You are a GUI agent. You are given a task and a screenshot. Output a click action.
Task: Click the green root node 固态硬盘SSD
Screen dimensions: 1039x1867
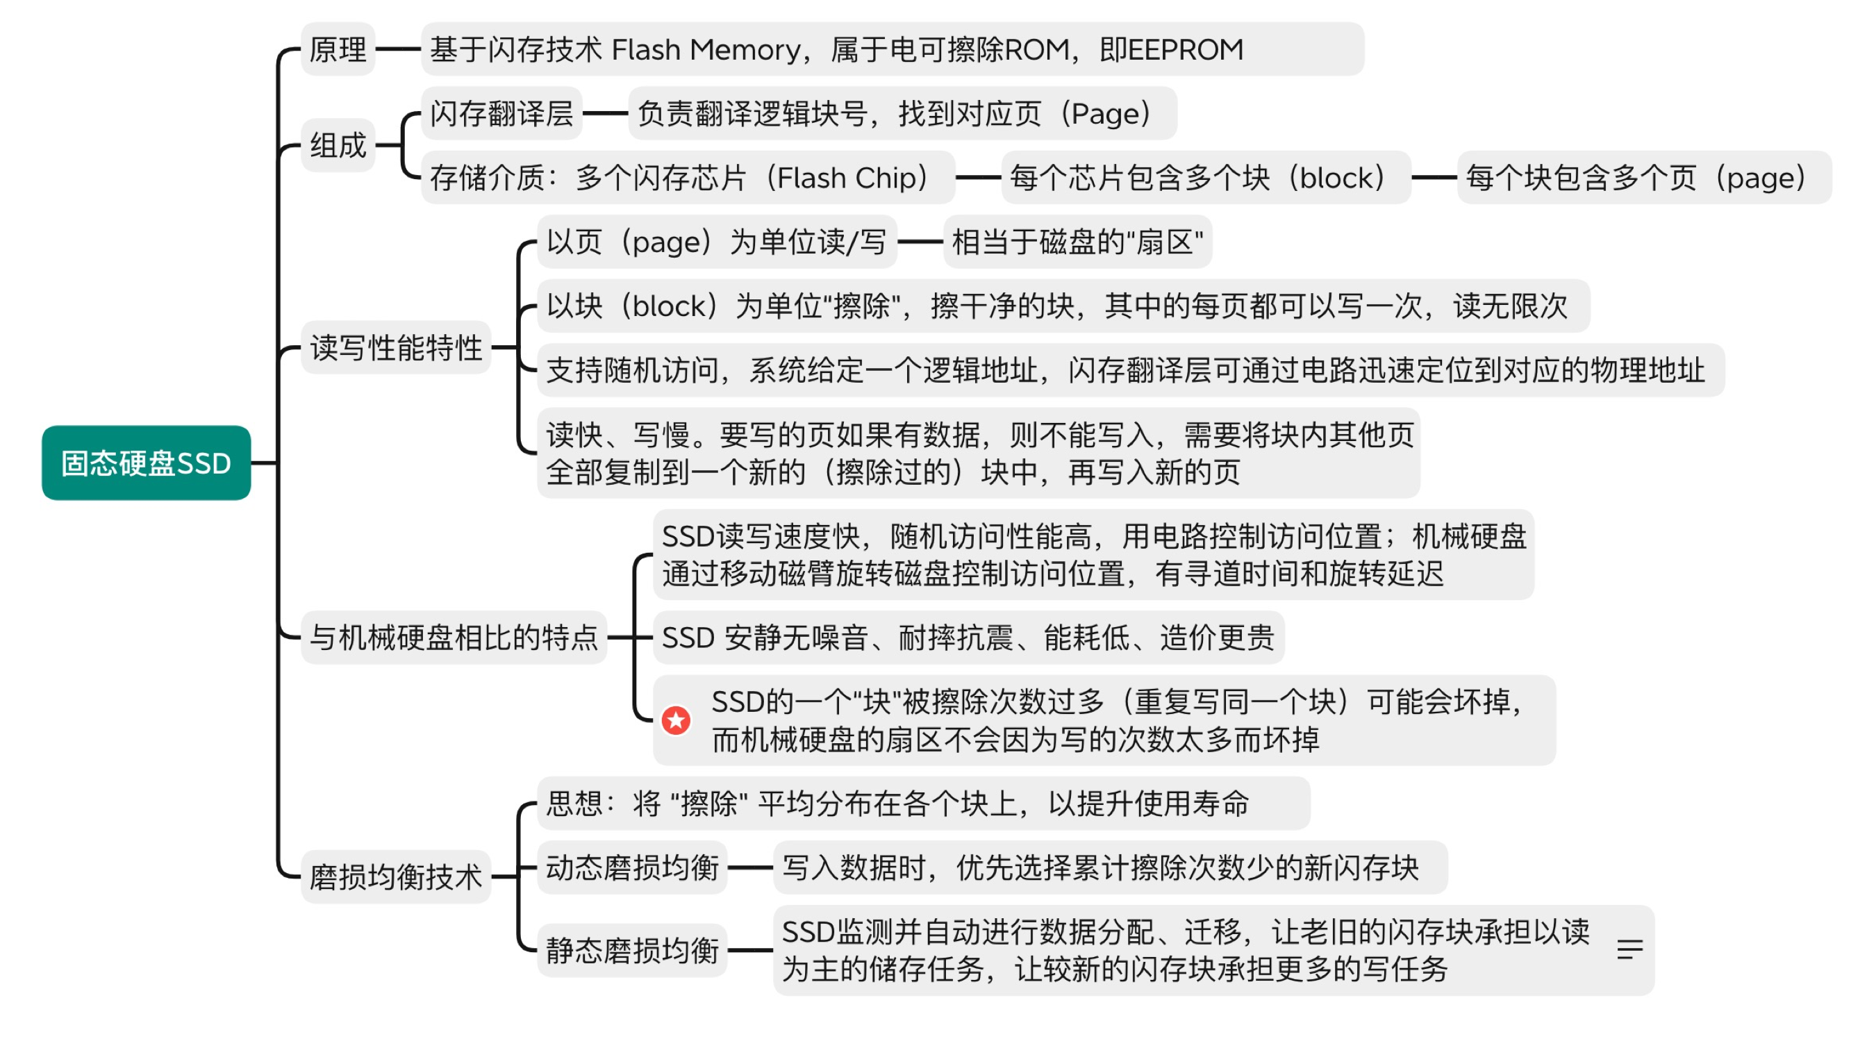coord(146,463)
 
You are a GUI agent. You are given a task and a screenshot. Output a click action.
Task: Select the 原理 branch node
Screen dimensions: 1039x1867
coord(338,49)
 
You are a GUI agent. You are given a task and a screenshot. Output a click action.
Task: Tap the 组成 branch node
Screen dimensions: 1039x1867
coord(338,145)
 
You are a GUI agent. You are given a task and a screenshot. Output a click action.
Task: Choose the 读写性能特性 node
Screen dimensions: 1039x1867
coord(396,347)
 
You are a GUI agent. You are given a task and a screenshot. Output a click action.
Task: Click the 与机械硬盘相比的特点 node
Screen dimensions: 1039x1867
coord(454,638)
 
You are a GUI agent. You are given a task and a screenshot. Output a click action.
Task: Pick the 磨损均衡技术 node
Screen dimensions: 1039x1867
coord(396,876)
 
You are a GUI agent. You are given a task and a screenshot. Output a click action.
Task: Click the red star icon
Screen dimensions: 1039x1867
coord(677,720)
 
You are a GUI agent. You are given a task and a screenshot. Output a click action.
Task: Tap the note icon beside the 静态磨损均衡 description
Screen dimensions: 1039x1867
coord(1629,949)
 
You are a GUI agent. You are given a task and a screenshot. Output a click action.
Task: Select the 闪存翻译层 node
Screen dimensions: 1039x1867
coord(501,113)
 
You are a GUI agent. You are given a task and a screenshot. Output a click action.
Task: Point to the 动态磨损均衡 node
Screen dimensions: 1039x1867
coord(632,867)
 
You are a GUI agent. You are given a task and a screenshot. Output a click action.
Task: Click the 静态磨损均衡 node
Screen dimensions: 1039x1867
coord(632,950)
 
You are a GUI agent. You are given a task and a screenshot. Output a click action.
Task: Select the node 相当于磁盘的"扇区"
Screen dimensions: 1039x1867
coord(1077,242)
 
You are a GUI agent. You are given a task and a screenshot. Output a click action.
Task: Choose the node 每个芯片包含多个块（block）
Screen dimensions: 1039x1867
coord(1205,178)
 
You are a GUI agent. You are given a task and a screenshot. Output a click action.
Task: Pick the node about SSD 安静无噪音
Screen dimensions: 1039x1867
coord(968,638)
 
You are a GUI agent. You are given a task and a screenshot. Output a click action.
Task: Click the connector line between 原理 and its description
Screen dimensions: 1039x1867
coord(398,49)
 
